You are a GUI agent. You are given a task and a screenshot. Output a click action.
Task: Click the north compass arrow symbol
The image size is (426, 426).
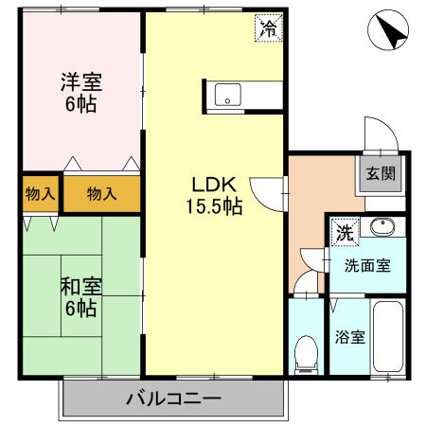tap(389, 31)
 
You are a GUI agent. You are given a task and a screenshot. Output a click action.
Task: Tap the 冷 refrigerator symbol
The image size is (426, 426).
tap(270, 28)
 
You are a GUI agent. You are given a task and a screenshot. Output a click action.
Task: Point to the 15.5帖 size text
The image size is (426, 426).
tap(213, 204)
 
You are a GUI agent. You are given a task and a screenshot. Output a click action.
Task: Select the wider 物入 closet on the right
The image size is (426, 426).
tap(101, 194)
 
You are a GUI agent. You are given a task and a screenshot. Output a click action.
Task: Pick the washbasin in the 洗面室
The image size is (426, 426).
tap(382, 228)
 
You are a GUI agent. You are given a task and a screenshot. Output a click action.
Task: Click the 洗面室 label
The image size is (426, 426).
tap(365, 266)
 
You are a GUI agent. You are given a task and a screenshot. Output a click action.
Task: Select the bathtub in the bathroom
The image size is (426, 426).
tap(389, 338)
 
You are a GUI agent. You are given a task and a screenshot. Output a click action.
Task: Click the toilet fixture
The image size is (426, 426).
tap(306, 353)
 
